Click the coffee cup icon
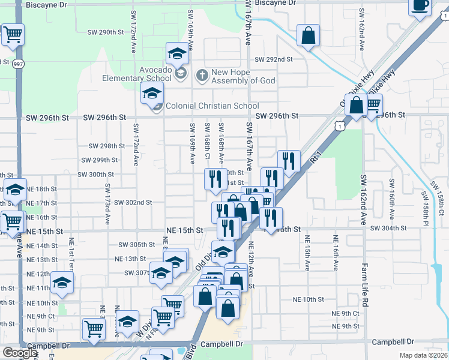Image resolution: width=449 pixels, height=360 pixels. coord(420,6)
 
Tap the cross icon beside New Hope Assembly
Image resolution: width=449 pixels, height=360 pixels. coord(202,75)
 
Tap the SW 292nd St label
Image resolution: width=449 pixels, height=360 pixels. coord(273,59)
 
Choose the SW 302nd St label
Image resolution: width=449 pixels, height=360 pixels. coord(133,203)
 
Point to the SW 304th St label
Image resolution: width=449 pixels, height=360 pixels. coord(388,229)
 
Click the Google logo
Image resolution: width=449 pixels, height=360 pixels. coord(20,353)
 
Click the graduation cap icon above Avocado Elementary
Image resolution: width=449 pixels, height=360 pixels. coord(178,54)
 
